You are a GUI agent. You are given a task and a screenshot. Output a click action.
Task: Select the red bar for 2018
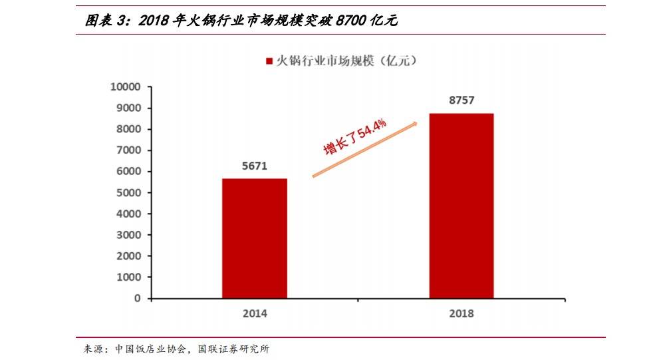(461, 206)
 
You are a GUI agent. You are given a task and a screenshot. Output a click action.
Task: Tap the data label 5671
(255, 166)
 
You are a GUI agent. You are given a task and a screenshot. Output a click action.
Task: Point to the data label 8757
(461, 100)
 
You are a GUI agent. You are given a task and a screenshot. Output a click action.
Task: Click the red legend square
(269, 61)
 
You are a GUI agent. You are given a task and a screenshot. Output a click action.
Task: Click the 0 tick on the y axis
(138, 299)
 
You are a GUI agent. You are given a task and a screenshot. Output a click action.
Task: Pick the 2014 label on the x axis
(255, 313)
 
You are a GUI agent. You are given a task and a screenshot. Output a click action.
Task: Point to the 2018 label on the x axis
(461, 313)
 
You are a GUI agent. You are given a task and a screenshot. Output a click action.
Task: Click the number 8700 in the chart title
(352, 21)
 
